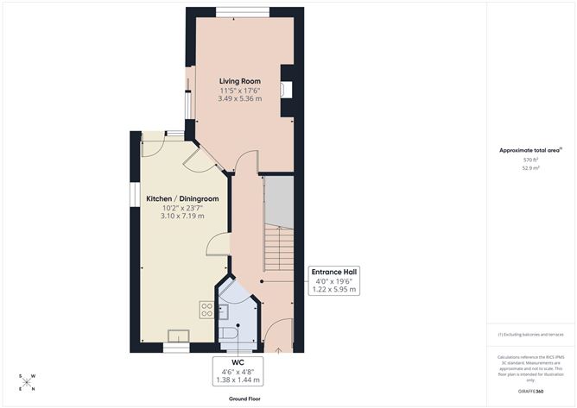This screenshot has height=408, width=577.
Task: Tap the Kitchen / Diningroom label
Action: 182,198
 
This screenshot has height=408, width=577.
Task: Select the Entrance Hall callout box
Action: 333,281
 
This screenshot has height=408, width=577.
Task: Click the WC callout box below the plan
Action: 237,371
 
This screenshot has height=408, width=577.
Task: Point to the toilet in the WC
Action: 231,333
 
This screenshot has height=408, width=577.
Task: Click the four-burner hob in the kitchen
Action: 207,310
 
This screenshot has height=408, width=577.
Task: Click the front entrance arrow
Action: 278,350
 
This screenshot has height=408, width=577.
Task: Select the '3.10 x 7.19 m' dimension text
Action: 182,215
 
